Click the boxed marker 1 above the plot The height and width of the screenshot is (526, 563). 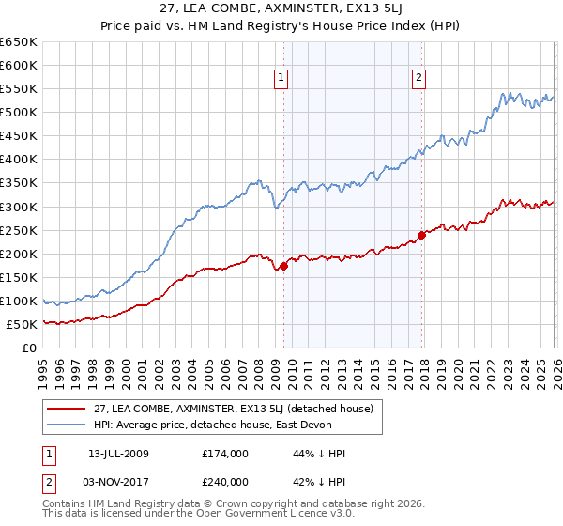click(x=282, y=78)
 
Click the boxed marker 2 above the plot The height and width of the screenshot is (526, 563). click(x=418, y=78)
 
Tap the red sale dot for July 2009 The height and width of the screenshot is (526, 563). click(x=283, y=266)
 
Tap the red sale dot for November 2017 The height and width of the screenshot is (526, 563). click(x=421, y=235)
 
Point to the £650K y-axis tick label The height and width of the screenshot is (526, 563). click(x=18, y=42)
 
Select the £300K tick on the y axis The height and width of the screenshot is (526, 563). click(x=18, y=207)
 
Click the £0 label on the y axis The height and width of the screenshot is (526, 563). click(x=29, y=348)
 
